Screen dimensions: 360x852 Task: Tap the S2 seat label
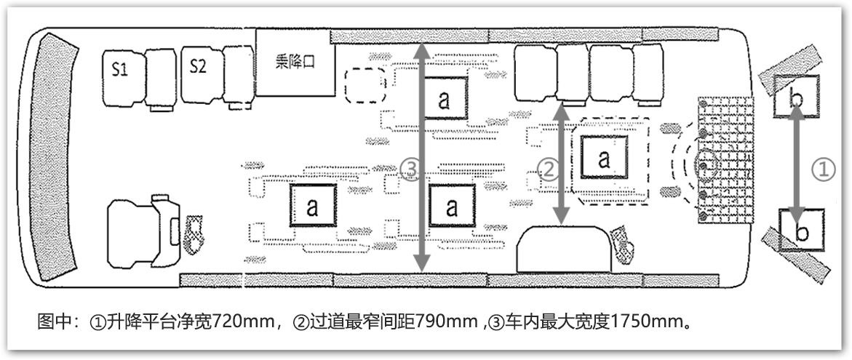point(198,66)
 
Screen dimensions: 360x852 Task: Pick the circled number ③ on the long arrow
point(411,169)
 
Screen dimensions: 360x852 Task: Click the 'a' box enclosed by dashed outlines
point(603,159)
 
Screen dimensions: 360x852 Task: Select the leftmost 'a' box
point(312,206)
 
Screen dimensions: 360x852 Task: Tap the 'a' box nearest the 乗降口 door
point(443,100)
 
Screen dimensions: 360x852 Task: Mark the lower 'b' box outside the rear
point(801,231)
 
